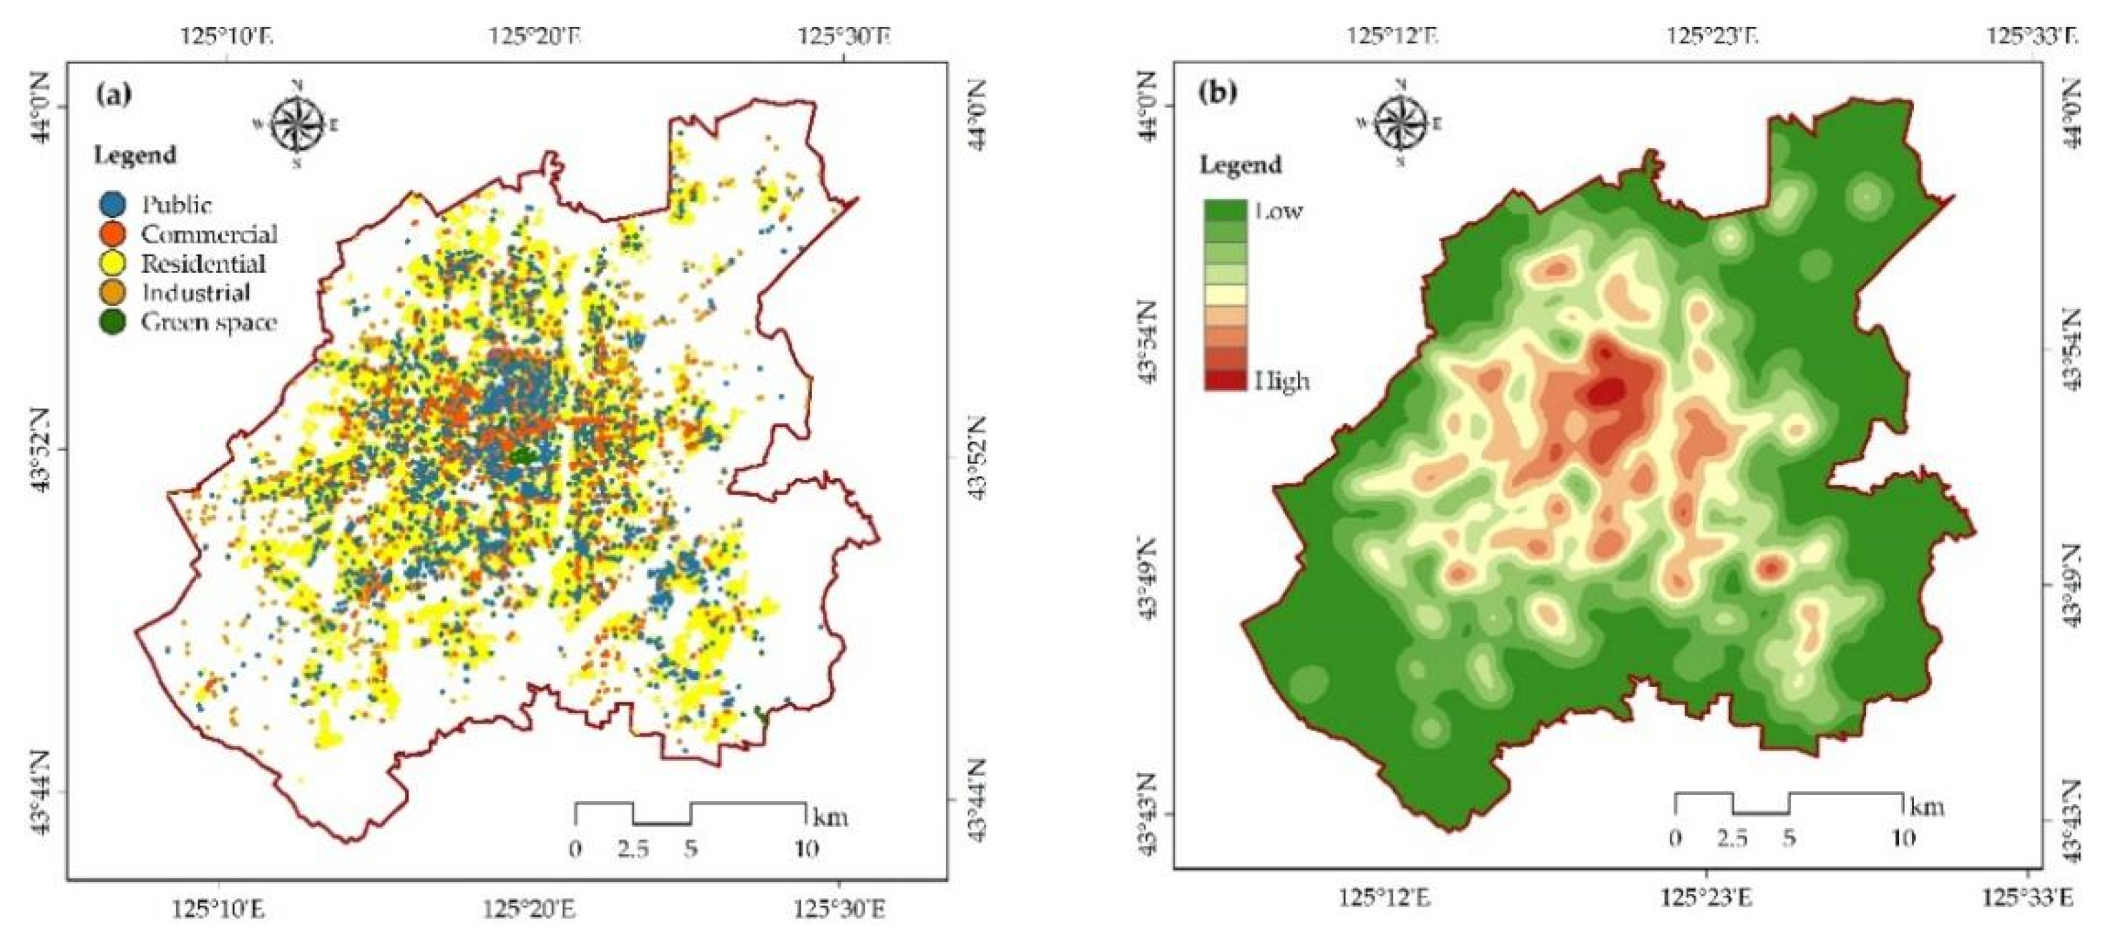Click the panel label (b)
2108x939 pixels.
point(1219,91)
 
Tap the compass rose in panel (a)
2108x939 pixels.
point(296,123)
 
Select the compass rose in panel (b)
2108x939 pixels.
point(1400,122)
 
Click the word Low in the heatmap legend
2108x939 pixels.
point(1278,211)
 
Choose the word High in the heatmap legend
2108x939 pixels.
point(1282,380)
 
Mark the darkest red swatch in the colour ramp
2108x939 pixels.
point(1225,380)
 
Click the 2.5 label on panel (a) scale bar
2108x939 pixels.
point(633,849)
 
